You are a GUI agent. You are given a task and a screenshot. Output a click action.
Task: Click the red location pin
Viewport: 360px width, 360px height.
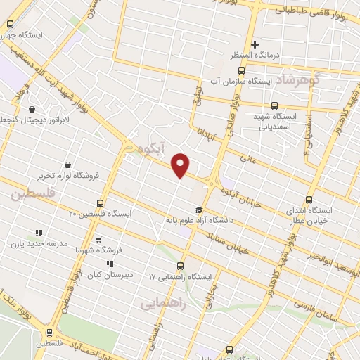coord(181,165)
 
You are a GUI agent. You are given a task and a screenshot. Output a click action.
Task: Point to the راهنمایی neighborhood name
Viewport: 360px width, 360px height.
coord(162,302)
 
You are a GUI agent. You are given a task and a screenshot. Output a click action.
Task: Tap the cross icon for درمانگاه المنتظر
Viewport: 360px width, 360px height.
coord(255,44)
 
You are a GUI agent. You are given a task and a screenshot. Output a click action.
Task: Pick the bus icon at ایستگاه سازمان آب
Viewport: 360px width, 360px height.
coord(243,71)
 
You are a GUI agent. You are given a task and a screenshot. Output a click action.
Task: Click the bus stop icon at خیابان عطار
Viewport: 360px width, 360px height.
coord(310,200)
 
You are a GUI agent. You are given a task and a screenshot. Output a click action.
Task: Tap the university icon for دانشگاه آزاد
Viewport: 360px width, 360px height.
coord(198,210)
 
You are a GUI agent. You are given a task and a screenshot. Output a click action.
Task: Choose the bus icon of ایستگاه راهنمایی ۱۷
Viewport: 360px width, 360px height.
coord(181,266)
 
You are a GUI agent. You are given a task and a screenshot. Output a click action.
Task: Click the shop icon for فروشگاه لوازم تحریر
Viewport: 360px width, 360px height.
coord(67,165)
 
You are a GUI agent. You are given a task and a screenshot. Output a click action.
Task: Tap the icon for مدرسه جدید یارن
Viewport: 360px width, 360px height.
coord(39,233)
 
